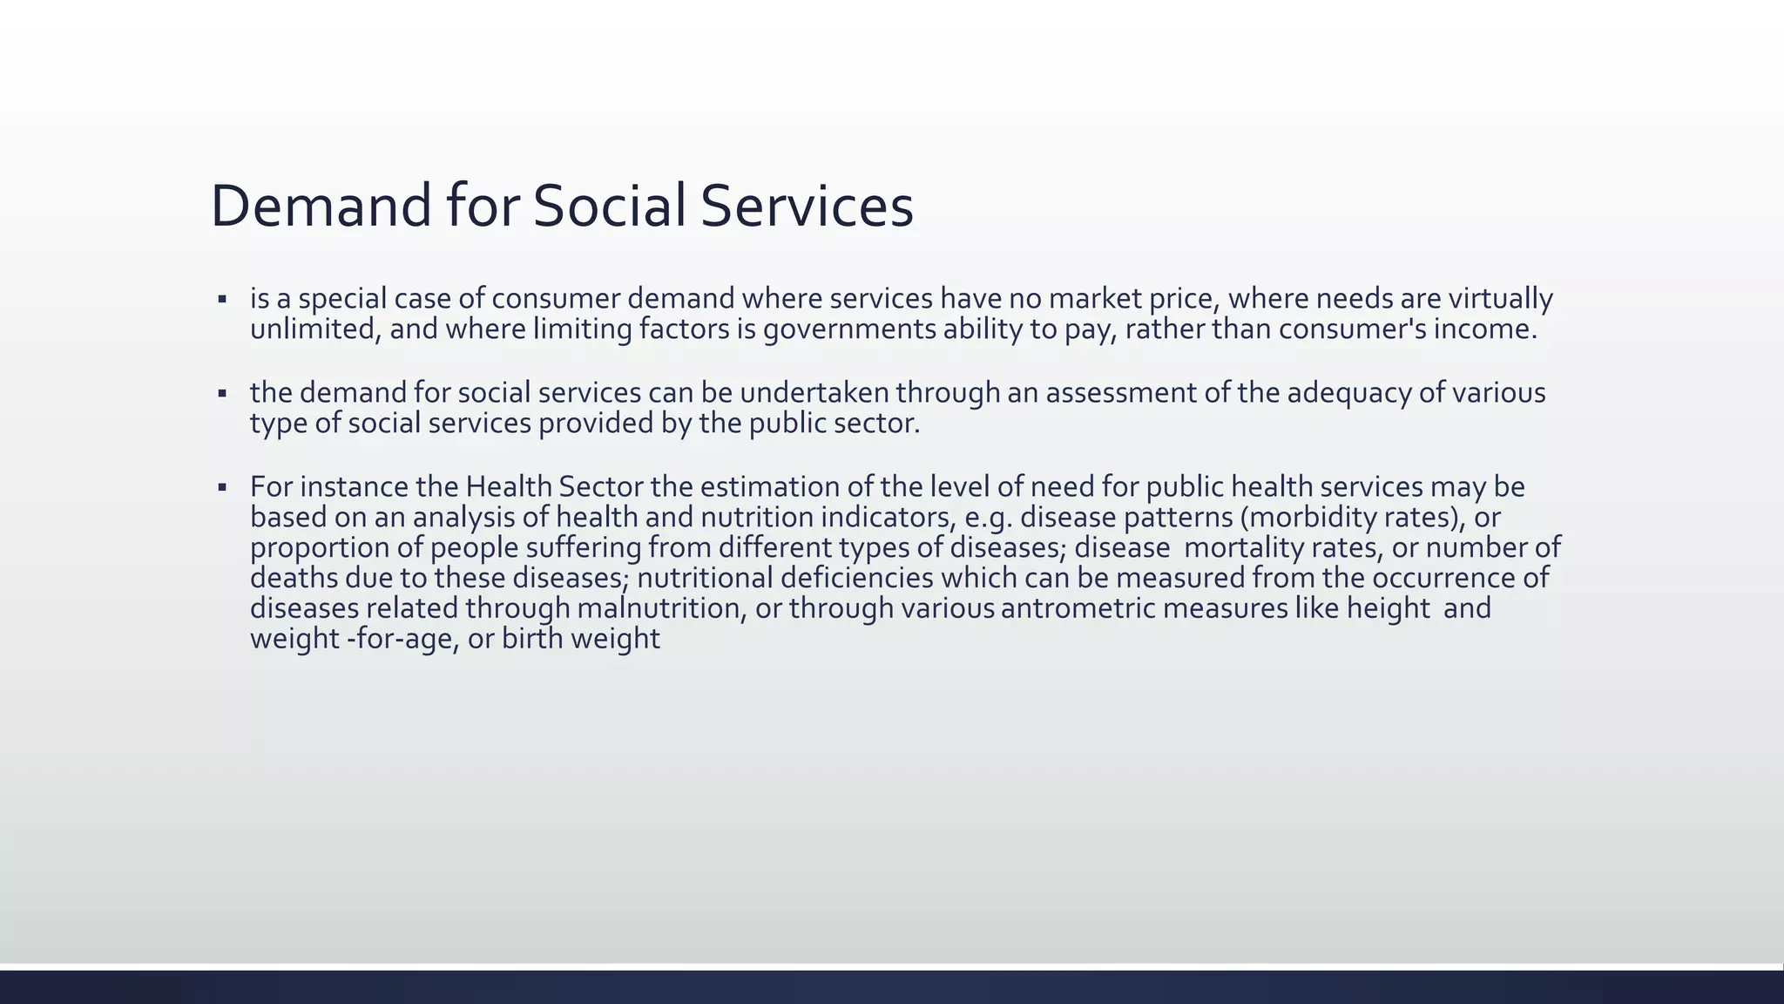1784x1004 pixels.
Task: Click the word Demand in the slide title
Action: coord(321,207)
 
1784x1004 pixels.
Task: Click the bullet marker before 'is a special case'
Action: coord(223,300)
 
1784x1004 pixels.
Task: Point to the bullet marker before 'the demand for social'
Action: coord(223,394)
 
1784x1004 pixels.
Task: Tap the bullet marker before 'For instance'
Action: coord(223,487)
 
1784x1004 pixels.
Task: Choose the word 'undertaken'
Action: coord(814,393)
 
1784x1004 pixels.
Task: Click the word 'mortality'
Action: coord(1240,547)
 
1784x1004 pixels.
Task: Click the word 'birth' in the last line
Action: coord(530,639)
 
